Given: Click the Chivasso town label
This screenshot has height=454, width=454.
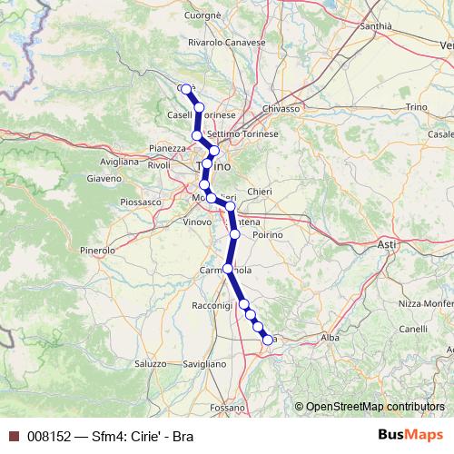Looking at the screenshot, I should pyautogui.click(x=281, y=108).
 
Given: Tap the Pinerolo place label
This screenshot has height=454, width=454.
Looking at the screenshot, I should pyautogui.click(x=97, y=249).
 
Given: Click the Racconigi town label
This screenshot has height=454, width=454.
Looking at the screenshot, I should pyautogui.click(x=212, y=307).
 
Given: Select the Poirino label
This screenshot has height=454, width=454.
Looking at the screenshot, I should pyautogui.click(x=268, y=234).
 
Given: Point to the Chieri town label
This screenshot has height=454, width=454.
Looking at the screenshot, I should pyautogui.click(x=259, y=192).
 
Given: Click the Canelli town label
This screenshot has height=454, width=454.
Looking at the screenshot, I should pyautogui.click(x=412, y=328).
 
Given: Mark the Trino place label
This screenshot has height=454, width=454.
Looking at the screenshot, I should pyautogui.click(x=416, y=107).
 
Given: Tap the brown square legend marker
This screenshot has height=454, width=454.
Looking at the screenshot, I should pyautogui.click(x=14, y=437).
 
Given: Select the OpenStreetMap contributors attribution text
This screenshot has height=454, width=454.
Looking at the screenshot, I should pyautogui.click(x=374, y=407).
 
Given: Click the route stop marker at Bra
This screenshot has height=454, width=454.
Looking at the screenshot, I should pyautogui.click(x=268, y=340).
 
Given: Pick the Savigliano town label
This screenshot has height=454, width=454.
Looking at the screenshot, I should pyautogui.click(x=203, y=363).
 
